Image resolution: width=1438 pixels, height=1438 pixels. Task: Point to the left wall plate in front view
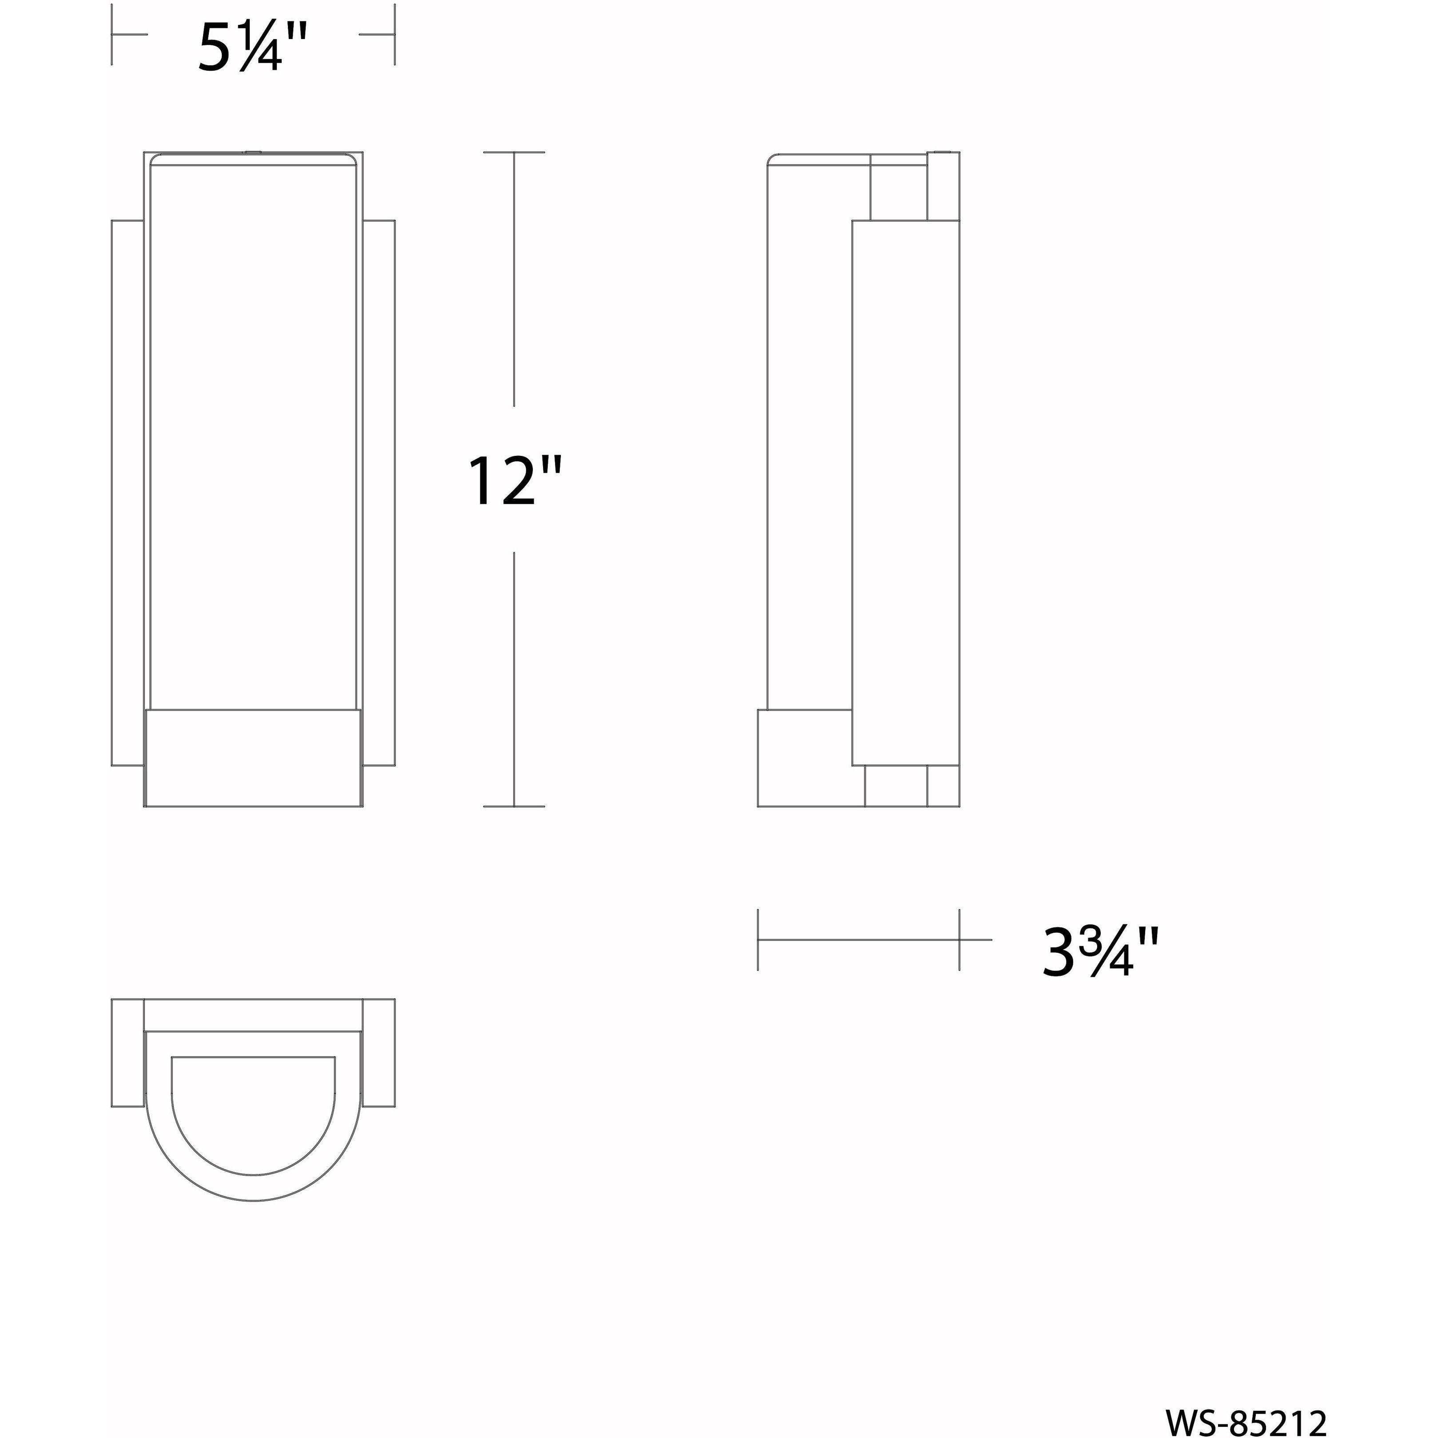coord(127,491)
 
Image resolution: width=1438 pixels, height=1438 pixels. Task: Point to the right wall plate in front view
coord(379,491)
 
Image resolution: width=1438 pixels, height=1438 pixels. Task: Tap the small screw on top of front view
coord(252,153)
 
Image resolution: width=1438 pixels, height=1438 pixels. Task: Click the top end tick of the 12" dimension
coord(514,152)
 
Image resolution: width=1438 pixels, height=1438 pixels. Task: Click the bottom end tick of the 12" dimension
coord(514,806)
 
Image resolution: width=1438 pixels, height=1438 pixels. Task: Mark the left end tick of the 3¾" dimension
coord(758,939)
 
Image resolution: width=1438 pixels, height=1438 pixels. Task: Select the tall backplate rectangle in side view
coord(906,491)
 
